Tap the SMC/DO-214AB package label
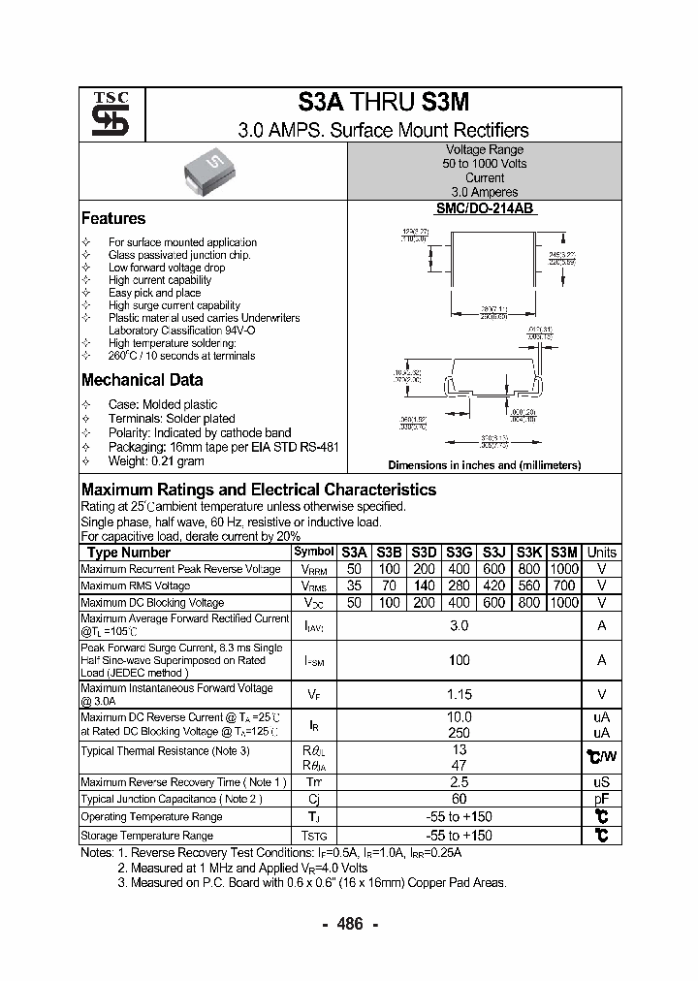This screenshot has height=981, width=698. (485, 208)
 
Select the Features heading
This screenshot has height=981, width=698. (113, 219)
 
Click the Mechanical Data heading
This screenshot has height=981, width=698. (143, 381)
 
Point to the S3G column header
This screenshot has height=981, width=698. (460, 552)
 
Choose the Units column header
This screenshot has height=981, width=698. (601, 552)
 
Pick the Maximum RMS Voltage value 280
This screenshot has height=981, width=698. (460, 585)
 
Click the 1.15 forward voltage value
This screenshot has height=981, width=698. (460, 694)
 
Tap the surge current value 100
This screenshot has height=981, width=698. (460, 660)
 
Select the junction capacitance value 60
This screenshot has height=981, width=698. (460, 799)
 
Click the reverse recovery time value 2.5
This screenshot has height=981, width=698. (460, 781)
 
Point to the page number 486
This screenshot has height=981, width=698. (349, 925)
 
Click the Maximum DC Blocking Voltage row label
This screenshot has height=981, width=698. (152, 603)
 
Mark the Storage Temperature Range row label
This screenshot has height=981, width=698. (146, 835)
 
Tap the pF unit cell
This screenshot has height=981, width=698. (601, 799)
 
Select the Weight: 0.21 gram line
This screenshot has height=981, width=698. (156, 461)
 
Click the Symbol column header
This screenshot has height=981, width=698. (313, 552)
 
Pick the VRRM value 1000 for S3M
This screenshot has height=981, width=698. (563, 569)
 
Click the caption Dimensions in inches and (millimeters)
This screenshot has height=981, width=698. (485, 465)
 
